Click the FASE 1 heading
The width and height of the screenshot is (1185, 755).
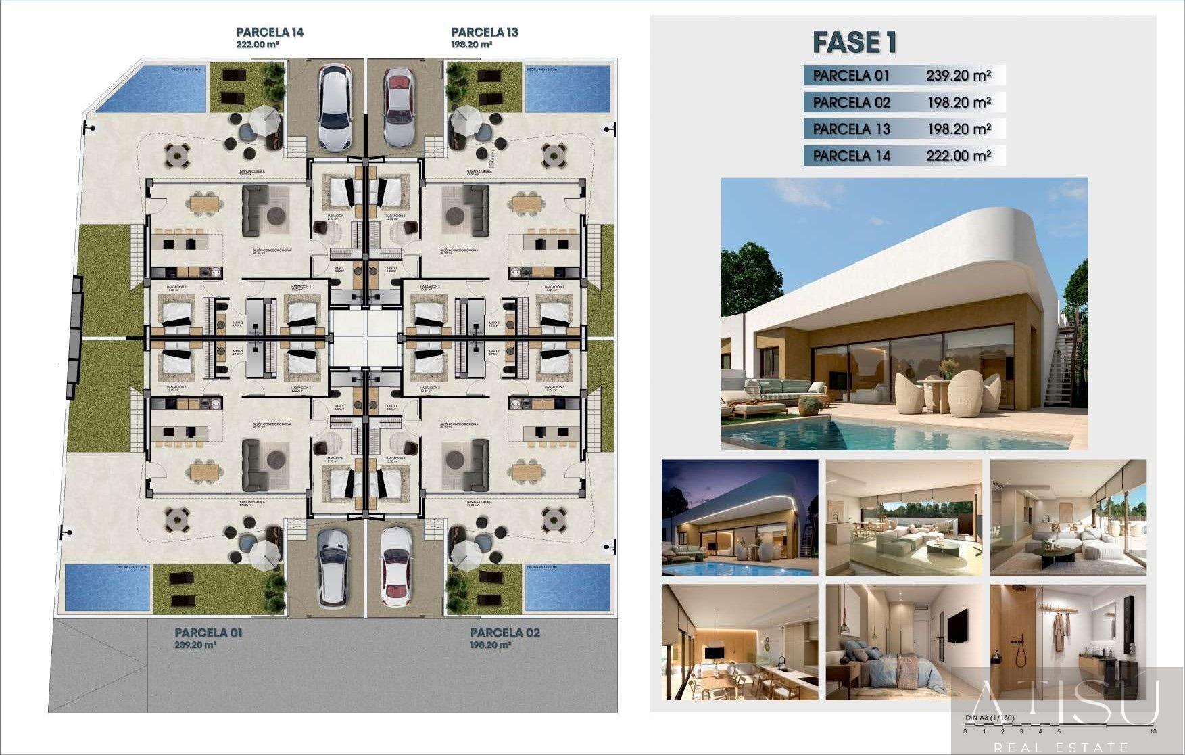coord(854,43)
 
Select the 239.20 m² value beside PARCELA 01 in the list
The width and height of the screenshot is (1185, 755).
coord(958,76)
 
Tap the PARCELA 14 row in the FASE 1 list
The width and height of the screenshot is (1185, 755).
coord(904,156)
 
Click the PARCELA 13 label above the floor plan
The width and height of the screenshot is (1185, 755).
coord(484,32)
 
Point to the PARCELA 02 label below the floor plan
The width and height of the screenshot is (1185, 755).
coord(505,633)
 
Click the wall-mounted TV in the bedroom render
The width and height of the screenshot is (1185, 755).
coord(956,625)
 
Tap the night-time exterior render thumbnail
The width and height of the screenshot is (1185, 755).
coord(740,518)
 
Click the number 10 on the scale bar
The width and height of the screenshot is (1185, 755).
coord(1152,731)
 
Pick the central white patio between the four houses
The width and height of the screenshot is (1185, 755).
coord(366,337)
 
